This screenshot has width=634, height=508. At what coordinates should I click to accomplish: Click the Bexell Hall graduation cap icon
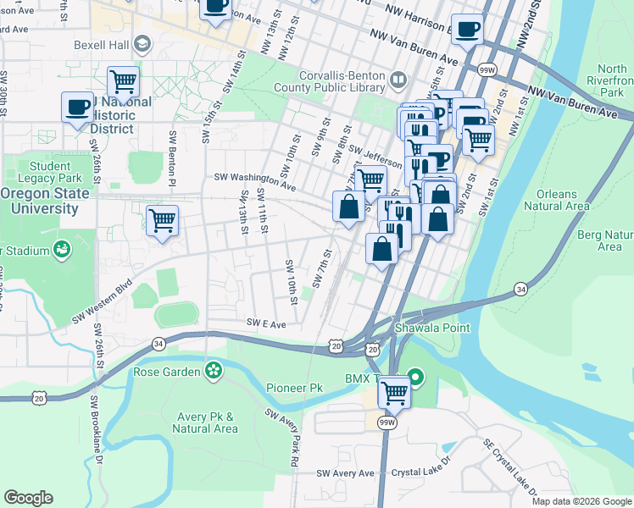142,42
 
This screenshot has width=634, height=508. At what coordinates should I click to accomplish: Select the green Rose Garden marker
214,370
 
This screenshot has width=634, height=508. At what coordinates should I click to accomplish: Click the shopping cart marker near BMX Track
394,392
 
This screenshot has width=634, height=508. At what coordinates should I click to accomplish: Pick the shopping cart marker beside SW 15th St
162,220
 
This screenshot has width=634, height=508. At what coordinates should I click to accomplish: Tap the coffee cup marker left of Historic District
78,108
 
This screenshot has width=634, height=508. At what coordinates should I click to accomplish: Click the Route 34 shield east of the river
519,290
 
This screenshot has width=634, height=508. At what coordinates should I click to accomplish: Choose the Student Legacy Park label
55,172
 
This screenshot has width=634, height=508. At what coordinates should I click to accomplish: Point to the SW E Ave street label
267,323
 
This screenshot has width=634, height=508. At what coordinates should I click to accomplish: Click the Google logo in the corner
28,498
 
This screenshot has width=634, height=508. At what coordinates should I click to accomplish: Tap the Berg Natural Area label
609,240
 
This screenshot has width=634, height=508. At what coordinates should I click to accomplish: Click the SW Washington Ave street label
254,179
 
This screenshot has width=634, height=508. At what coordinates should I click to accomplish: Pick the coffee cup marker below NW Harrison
466,31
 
